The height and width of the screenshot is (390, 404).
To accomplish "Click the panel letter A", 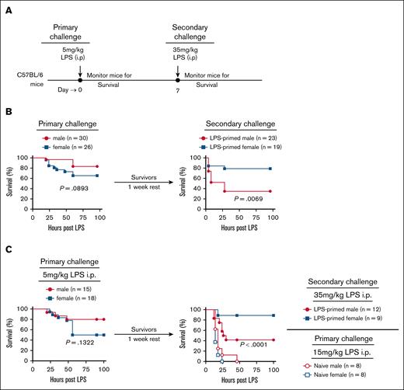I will coord(5,7).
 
